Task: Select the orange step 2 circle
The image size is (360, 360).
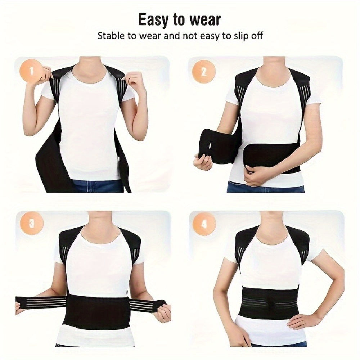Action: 203,72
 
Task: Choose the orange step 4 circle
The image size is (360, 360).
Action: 204,224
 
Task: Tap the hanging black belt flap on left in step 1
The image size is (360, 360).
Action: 49,162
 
